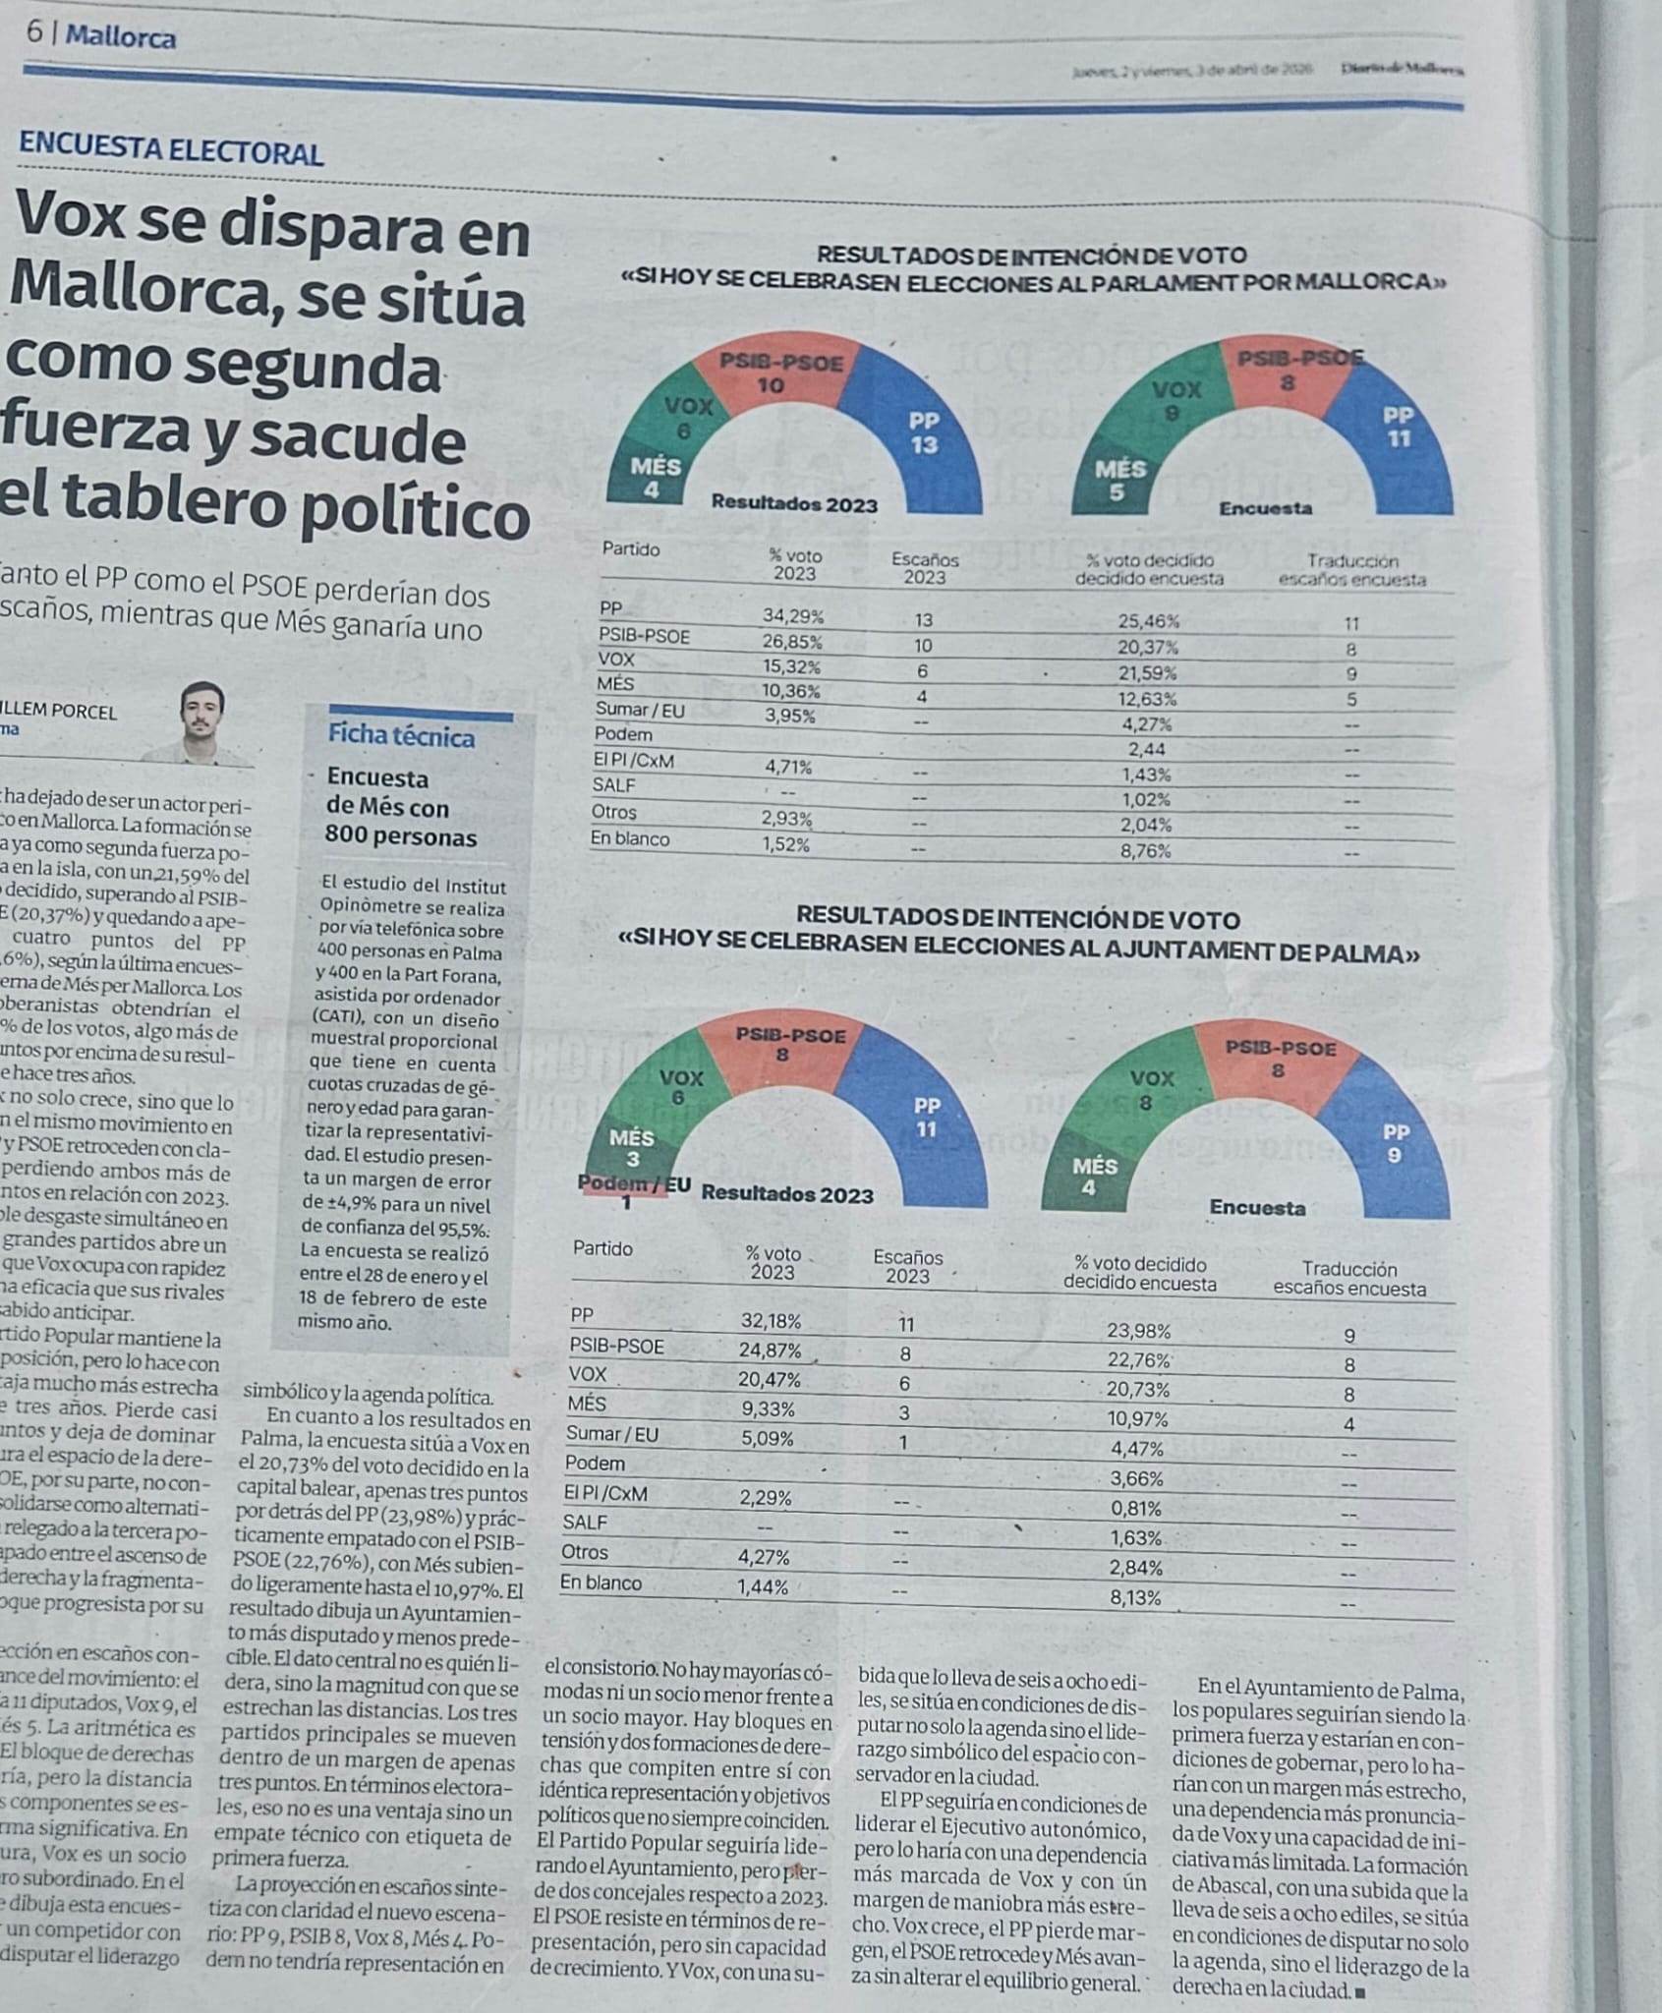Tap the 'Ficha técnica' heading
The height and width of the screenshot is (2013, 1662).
point(401,735)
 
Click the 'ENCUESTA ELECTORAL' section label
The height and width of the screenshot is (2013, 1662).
point(171,151)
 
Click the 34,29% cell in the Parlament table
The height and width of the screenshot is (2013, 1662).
point(793,617)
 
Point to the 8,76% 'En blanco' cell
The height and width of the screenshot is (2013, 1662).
point(1145,851)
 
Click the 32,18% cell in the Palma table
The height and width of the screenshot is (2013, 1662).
point(771,1321)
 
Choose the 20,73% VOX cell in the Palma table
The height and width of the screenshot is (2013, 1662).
point(1140,1390)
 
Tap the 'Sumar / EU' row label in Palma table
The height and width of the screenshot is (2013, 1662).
point(612,1434)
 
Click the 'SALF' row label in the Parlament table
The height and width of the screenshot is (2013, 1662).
point(614,785)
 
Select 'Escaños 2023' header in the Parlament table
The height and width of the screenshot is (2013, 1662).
point(924,567)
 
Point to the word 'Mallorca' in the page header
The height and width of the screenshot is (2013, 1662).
point(121,37)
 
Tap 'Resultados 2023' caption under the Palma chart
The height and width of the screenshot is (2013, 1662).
point(787,1194)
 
